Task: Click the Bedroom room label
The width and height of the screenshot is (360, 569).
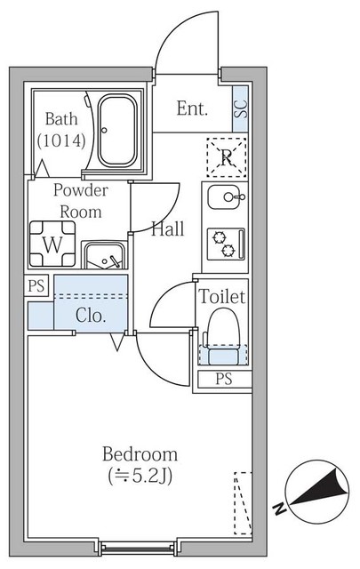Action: click(x=138, y=454)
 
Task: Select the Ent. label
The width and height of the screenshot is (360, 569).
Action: click(x=192, y=109)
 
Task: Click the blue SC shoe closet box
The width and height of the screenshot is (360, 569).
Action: click(x=239, y=109)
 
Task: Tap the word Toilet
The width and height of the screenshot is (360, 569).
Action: click(x=221, y=296)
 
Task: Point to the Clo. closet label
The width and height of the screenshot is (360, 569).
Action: click(x=91, y=315)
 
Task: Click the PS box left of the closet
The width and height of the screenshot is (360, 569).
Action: click(x=36, y=286)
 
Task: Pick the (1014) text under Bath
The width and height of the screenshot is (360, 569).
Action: click(x=60, y=140)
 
